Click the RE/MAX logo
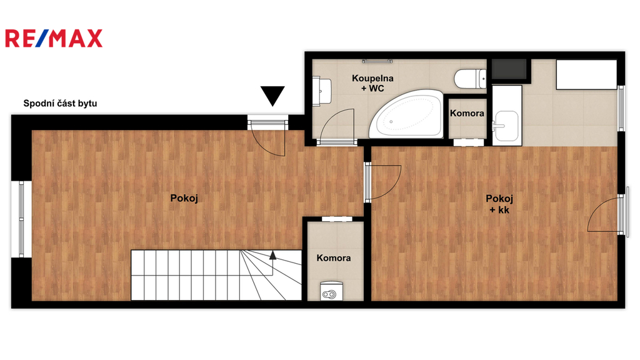(x=54, y=38)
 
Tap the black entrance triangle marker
(x=272, y=96)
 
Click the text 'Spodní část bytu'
(x=60, y=103)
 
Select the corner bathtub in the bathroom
(x=406, y=114)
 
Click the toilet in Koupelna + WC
(x=471, y=79)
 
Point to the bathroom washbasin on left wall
(x=322, y=90)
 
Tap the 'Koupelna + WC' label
(x=372, y=83)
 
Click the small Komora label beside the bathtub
(x=467, y=113)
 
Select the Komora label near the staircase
(x=334, y=258)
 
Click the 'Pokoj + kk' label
(x=499, y=204)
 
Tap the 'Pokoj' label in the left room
(x=184, y=198)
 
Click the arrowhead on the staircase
(x=272, y=255)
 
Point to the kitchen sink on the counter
(x=506, y=126)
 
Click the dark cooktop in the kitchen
(x=509, y=69)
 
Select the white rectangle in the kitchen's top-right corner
(x=586, y=74)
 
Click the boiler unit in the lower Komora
(x=331, y=291)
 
